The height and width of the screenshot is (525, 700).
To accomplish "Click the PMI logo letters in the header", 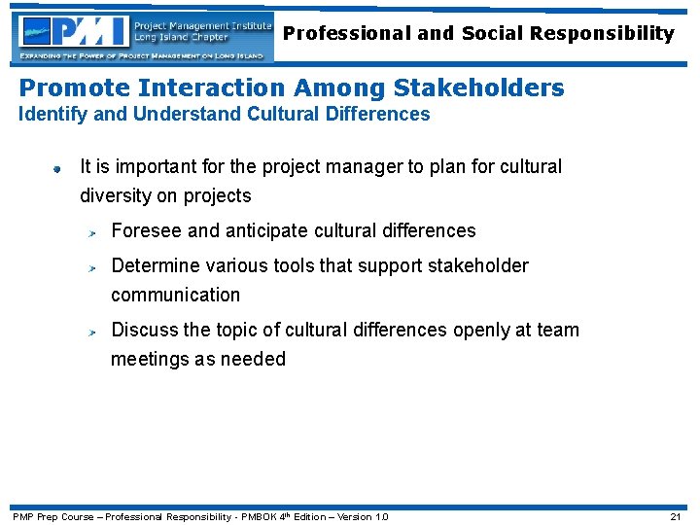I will [79, 33].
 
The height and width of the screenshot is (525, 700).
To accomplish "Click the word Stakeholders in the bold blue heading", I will [478, 87].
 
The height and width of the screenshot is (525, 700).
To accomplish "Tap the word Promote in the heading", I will [74, 87].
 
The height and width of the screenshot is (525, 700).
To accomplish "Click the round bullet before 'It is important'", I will [57, 168].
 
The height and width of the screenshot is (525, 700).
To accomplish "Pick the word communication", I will [175, 295].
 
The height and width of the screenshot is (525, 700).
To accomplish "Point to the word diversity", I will [116, 195].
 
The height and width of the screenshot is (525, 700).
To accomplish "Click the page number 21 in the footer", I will [675, 516].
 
